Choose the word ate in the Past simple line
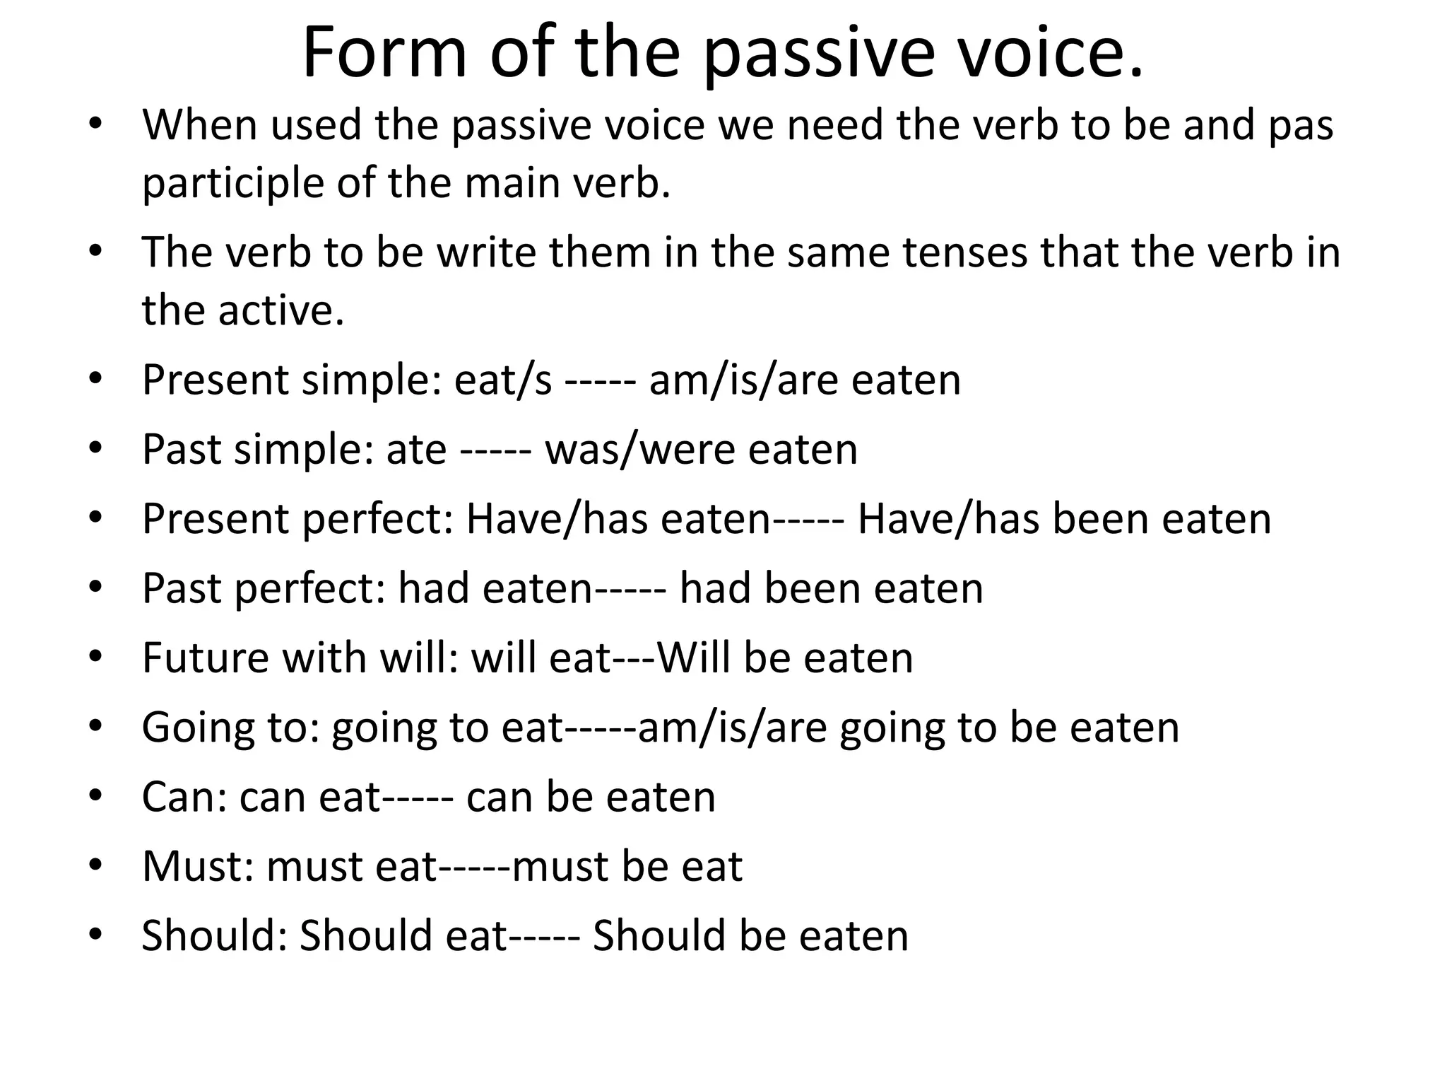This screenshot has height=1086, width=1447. click(416, 450)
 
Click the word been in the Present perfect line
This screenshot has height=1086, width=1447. click(1101, 519)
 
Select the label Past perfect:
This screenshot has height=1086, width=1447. click(264, 588)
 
